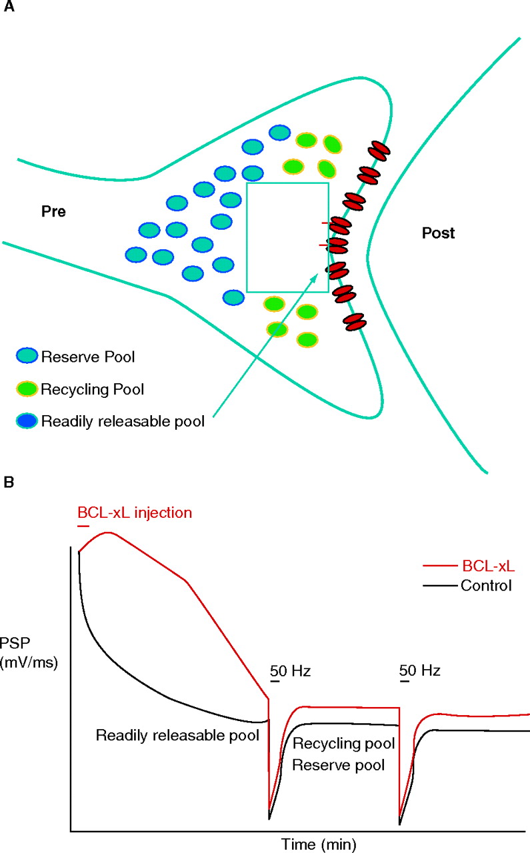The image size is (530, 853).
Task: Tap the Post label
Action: pyautogui.click(x=438, y=233)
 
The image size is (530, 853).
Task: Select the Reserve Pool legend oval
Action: pyautogui.click(x=28, y=357)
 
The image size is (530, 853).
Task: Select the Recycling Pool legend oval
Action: pyautogui.click(x=28, y=389)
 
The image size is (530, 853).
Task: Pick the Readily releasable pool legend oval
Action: pyautogui.click(x=28, y=421)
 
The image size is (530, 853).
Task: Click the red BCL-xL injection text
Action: pyautogui.click(x=135, y=513)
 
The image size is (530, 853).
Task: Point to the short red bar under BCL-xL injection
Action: pyautogui.click(x=83, y=526)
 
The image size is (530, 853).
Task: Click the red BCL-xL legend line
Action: pyautogui.click(x=439, y=568)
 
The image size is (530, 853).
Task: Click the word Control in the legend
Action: pyautogui.click(x=485, y=586)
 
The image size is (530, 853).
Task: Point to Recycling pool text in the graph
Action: pyautogui.click(x=344, y=742)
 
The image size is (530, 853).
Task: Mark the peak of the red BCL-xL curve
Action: pyautogui.click(x=107, y=533)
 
